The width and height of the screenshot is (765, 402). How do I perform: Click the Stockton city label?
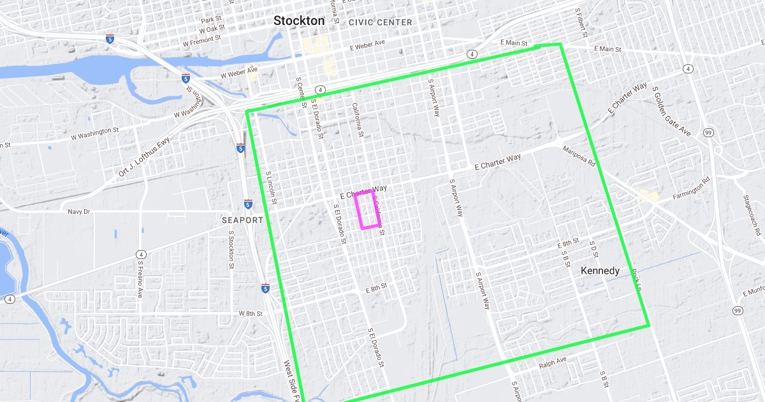(298, 20)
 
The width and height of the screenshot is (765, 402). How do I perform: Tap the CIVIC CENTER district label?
(381, 22)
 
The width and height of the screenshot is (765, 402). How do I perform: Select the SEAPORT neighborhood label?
(242, 220)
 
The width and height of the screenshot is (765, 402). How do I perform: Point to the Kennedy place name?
(600, 271)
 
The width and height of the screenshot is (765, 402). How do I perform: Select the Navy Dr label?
(79, 211)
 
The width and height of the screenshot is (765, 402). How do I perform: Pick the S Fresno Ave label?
(140, 279)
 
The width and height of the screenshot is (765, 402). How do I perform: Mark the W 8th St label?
(251, 313)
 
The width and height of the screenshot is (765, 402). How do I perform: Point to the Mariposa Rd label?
(578, 156)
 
